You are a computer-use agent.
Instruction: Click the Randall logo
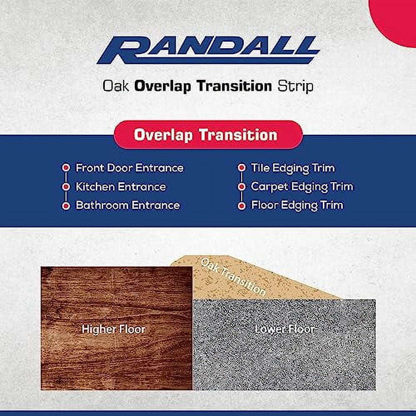[208, 50]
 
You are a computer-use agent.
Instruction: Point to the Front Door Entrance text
[129, 168]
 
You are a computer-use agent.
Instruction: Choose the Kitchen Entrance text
[121, 187]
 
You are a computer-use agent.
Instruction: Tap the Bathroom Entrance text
[128, 206]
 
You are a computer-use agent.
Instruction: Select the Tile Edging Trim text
[292, 168]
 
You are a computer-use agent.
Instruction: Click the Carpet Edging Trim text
[302, 186]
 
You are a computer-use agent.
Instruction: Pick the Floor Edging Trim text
[297, 205]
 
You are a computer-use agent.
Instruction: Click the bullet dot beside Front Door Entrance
[65, 168]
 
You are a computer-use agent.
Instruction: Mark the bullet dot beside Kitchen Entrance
[65, 187]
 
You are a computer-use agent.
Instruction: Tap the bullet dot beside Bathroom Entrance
[65, 206]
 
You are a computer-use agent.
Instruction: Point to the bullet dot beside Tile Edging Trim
[241, 168]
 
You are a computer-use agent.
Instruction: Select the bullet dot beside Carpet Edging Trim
[241, 187]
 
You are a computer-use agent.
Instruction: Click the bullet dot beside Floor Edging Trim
[241, 206]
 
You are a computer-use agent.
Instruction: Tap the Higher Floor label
[114, 329]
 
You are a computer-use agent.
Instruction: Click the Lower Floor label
[285, 329]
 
